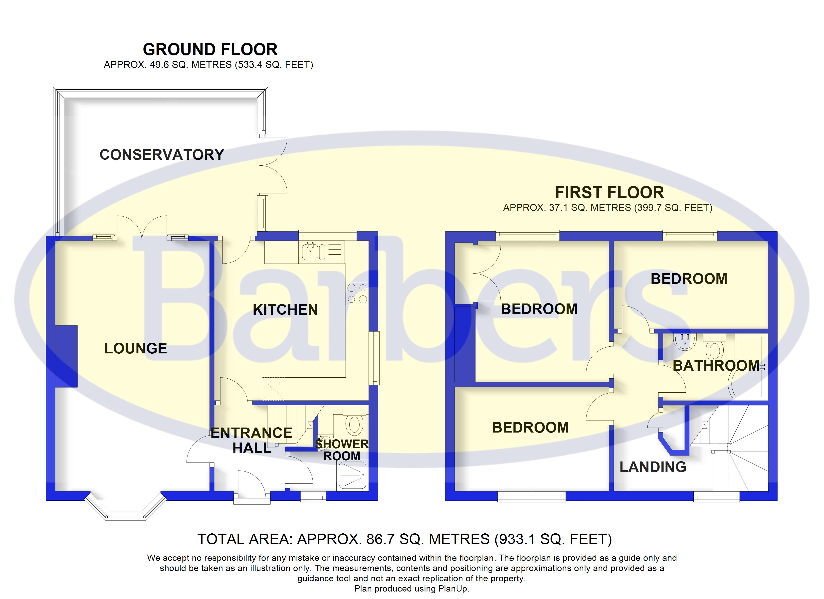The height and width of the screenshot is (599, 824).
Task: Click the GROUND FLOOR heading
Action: click(x=210, y=49)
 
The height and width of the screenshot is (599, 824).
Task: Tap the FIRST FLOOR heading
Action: click(x=609, y=192)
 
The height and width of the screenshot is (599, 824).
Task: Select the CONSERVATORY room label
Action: click(x=162, y=155)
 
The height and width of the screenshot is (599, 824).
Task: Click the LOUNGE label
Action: click(x=136, y=349)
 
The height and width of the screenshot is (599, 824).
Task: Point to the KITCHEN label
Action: click(x=285, y=310)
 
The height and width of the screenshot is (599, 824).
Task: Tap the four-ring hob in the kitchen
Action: click(x=357, y=294)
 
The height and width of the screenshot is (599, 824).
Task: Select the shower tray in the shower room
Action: click(x=352, y=475)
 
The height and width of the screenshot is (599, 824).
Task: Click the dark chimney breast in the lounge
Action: click(x=66, y=356)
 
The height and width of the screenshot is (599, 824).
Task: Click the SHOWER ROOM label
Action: click(x=342, y=450)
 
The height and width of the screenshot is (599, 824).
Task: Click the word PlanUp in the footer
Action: click(x=453, y=589)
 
